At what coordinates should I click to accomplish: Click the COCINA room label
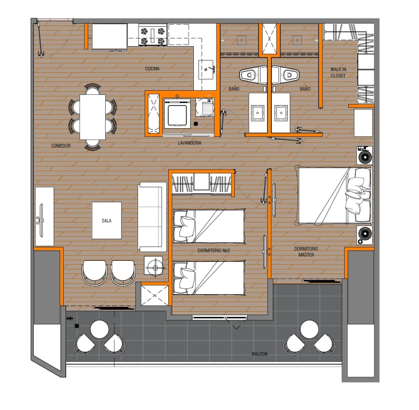pyautogui.click(x=152, y=69)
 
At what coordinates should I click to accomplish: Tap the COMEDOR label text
pyautogui.click(x=61, y=146)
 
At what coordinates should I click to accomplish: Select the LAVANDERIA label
pyautogui.click(x=189, y=143)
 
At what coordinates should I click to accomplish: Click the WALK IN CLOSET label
pyautogui.click(x=338, y=72)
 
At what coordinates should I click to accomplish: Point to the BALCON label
pyautogui.click(x=260, y=354)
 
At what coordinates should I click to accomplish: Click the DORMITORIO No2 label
pyautogui.click(x=213, y=251)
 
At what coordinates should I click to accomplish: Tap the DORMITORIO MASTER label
pyautogui.click(x=306, y=252)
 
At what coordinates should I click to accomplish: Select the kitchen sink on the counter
pyautogui.click(x=206, y=70)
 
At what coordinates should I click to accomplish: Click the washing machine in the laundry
pyautogui.click(x=177, y=113)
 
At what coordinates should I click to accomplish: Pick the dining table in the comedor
pyautogui.click(x=92, y=117)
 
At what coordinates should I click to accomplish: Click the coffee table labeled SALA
pyautogui.click(x=107, y=220)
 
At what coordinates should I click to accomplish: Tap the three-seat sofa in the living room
pyautogui.click(x=152, y=217)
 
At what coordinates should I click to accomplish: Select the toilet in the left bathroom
pyautogui.click(x=250, y=75)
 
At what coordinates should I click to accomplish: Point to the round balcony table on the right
pyautogui.click(x=309, y=329)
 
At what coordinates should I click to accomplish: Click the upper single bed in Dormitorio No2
pyautogui.click(x=209, y=226)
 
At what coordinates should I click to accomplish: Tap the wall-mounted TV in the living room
pyautogui.click(x=41, y=220)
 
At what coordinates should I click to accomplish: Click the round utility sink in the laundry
pyautogui.click(x=205, y=107)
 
